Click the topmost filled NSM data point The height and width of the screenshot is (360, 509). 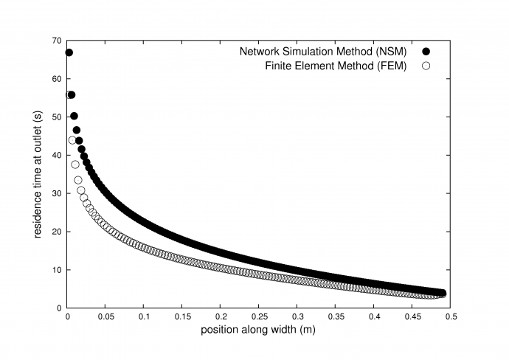click(x=69, y=52)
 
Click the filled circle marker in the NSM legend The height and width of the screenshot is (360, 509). click(x=426, y=52)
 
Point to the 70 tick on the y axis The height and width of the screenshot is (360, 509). click(x=58, y=40)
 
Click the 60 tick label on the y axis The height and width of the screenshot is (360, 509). click(x=58, y=78)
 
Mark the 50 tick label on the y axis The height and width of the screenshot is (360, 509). click(x=58, y=117)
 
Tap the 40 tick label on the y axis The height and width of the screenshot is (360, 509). click(x=58, y=155)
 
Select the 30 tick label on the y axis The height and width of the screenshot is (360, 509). click(x=58, y=193)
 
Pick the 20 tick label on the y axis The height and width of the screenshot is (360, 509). click(x=58, y=232)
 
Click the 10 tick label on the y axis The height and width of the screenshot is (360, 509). click(x=58, y=270)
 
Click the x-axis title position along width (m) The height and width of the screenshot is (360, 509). click(x=258, y=330)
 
